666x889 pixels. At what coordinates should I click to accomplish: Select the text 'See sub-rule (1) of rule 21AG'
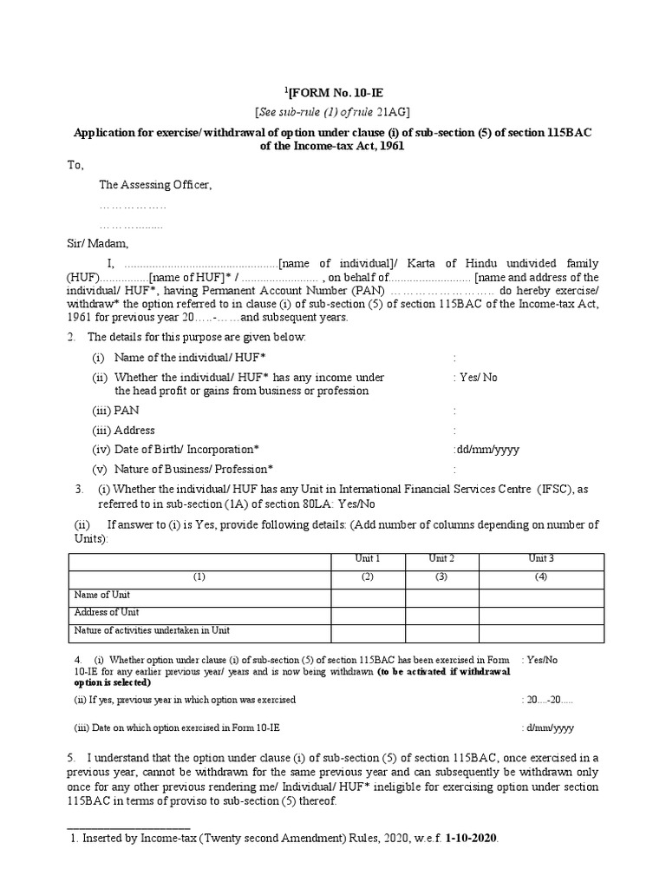coord(333,112)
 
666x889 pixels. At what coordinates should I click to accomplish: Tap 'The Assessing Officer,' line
coord(155,185)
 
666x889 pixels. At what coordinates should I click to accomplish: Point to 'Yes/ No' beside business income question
coord(476,378)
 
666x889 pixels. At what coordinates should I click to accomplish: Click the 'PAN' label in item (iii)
coord(125,411)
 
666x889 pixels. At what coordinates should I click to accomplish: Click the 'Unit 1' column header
coord(368,558)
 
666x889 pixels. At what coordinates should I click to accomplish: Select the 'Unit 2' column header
coord(442,558)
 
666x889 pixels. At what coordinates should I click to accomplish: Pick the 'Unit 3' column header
coord(541,558)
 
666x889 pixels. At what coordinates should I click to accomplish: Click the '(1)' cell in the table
coord(199,576)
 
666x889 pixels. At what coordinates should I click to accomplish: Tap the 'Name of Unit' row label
coord(102,595)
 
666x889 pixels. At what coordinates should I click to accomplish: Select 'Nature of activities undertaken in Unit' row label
coord(152,630)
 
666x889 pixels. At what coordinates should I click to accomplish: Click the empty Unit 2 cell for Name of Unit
coord(442,596)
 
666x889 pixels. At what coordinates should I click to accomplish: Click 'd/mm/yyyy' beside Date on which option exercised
coord(548,728)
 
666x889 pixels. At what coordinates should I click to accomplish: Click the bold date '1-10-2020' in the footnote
coord(472,840)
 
